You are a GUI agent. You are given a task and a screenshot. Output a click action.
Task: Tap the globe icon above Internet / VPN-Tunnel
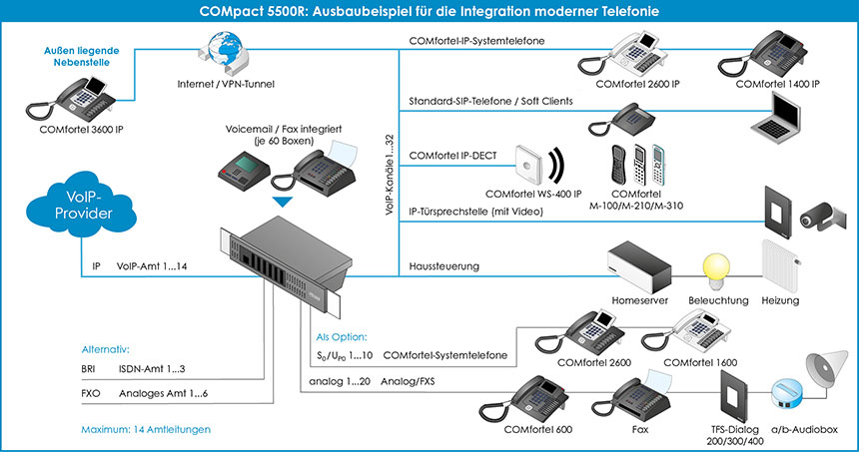click(x=224, y=53)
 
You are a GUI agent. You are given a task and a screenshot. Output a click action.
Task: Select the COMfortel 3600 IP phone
click(x=71, y=99)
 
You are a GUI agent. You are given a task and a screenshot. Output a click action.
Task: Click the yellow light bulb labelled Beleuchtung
click(x=716, y=270)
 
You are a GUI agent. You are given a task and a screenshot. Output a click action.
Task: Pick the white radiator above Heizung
click(x=780, y=266)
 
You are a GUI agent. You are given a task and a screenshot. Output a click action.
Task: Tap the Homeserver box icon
click(x=639, y=268)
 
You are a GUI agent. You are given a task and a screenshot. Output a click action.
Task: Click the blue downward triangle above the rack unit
click(x=283, y=202)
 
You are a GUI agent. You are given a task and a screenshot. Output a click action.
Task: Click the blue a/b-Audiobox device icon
click(x=786, y=394)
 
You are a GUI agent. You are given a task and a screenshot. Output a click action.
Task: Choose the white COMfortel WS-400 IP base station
click(x=528, y=165)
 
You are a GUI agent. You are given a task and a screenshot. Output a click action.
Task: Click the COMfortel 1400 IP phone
click(x=762, y=53)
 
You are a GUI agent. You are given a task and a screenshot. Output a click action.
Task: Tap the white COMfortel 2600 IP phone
click(x=623, y=54)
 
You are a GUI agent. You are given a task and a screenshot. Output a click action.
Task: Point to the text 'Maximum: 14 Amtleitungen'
click(x=146, y=430)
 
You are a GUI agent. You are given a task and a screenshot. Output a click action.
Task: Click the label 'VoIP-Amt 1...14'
click(x=152, y=266)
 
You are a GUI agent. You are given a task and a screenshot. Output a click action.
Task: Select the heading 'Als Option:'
click(x=342, y=337)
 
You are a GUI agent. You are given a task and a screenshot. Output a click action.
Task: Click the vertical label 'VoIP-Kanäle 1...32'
click(x=390, y=175)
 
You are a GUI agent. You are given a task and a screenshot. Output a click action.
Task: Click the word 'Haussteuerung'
click(x=444, y=266)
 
